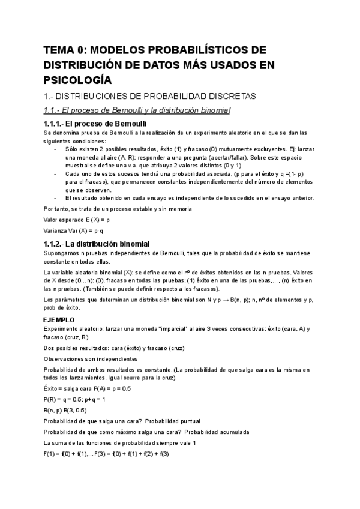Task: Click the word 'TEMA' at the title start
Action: (59, 50)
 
